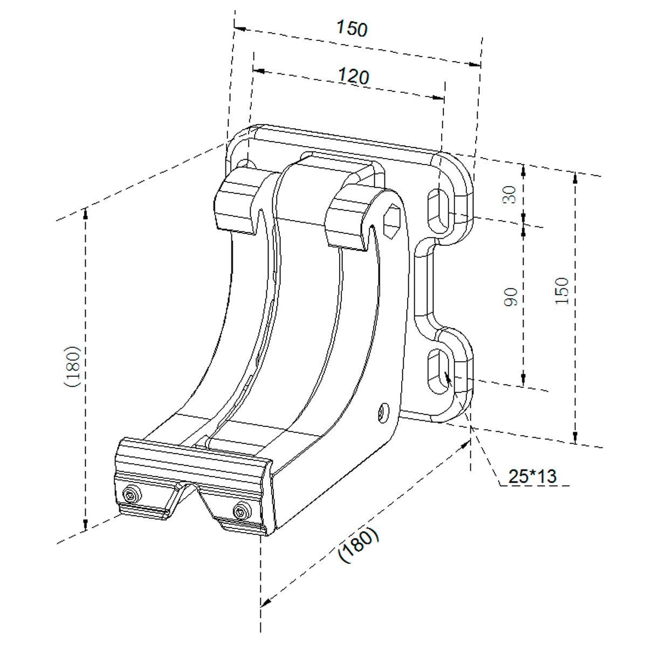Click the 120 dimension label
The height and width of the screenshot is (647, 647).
354,76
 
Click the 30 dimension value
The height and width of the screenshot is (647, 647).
510,195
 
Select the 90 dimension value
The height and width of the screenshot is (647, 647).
511,297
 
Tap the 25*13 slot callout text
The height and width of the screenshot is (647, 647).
533,476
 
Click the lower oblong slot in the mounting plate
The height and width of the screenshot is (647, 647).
439,371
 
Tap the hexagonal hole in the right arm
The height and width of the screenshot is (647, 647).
392,222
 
